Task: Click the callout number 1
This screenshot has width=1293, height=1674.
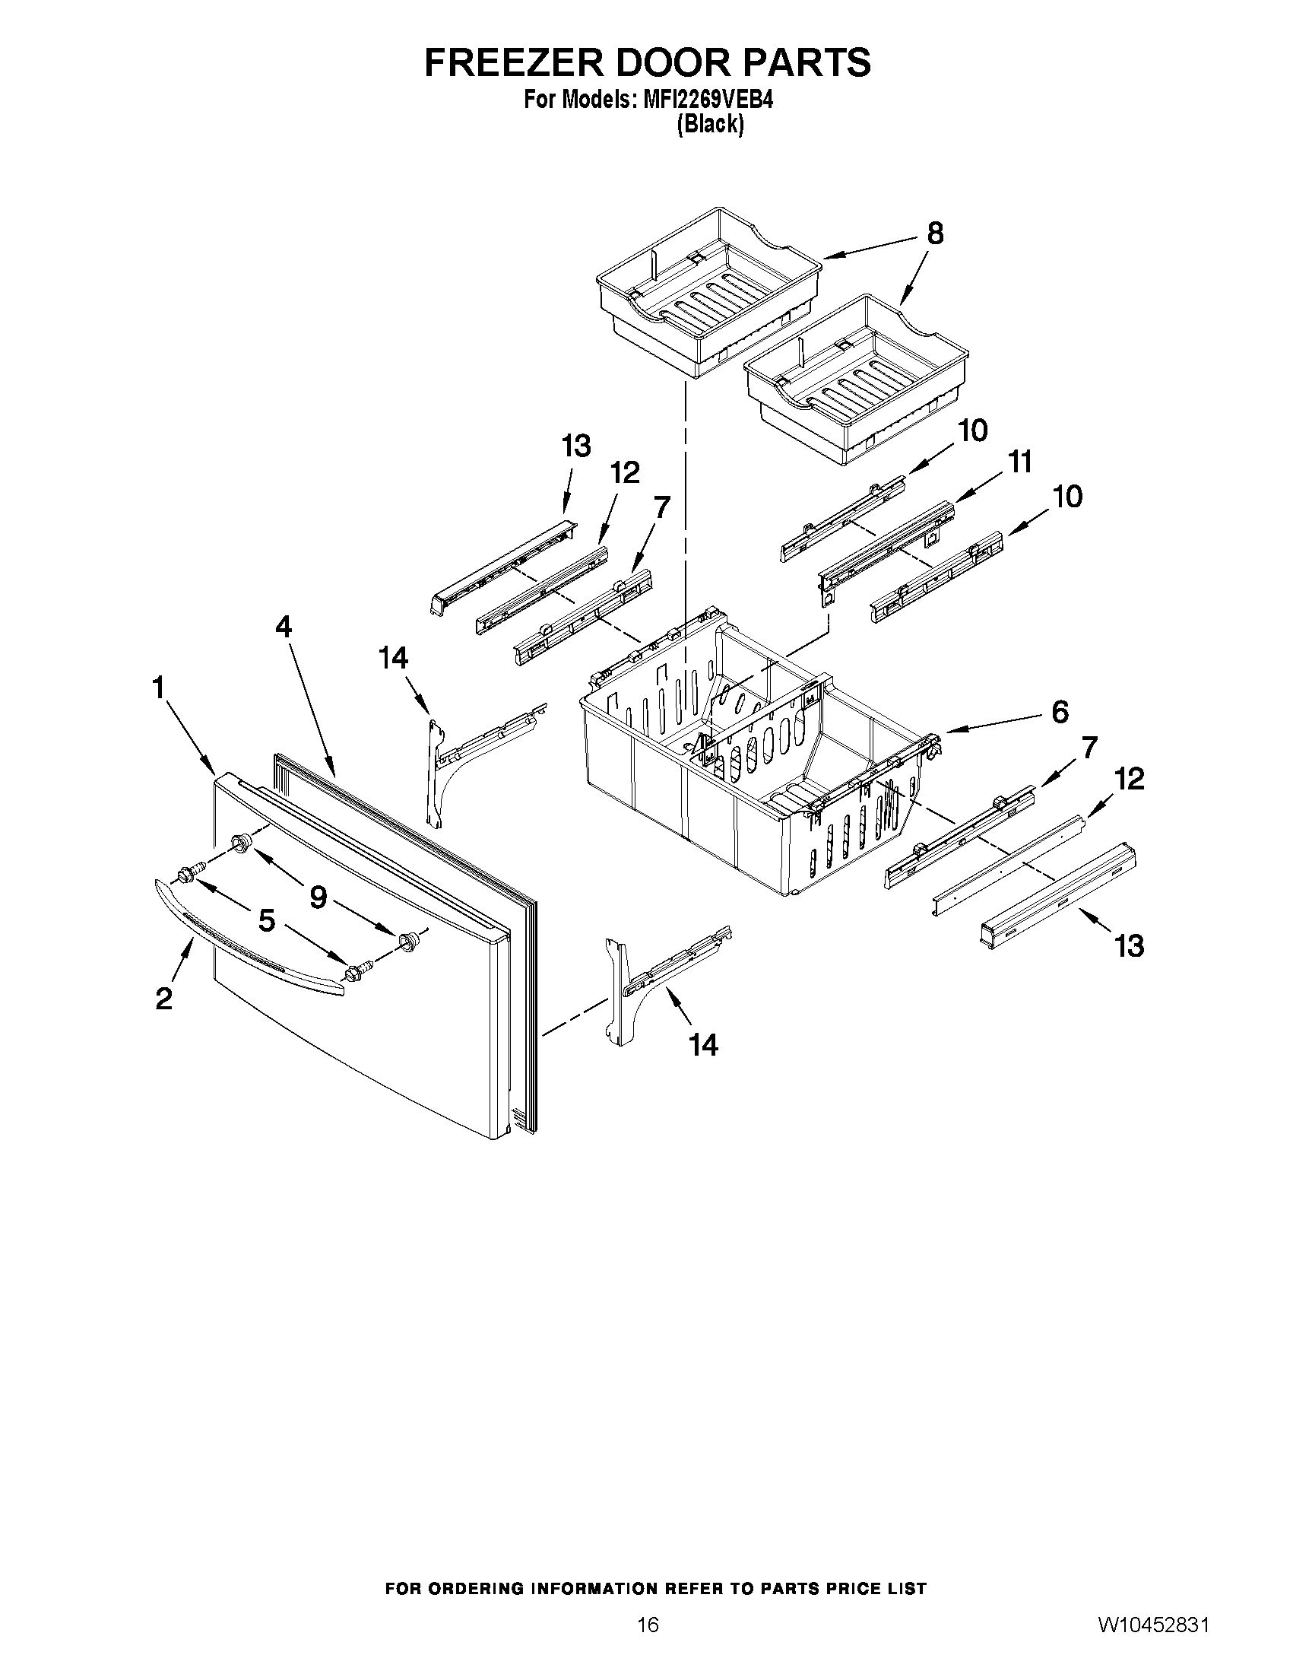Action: (x=159, y=688)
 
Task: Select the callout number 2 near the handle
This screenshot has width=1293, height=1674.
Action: (x=163, y=999)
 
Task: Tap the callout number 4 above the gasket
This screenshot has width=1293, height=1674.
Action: (x=284, y=627)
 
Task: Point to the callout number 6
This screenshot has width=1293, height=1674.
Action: (x=1060, y=712)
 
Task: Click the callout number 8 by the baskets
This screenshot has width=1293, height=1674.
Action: (x=935, y=233)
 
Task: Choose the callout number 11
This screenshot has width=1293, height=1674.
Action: (x=1019, y=462)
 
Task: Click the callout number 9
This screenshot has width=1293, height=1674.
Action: (x=318, y=897)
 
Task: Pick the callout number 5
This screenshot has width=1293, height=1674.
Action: (x=266, y=920)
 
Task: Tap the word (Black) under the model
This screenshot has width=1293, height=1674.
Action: (x=710, y=124)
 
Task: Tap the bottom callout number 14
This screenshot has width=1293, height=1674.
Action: (x=703, y=1044)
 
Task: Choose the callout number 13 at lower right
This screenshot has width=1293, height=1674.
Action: (x=1129, y=946)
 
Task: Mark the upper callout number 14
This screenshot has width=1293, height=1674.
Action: (x=394, y=658)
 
